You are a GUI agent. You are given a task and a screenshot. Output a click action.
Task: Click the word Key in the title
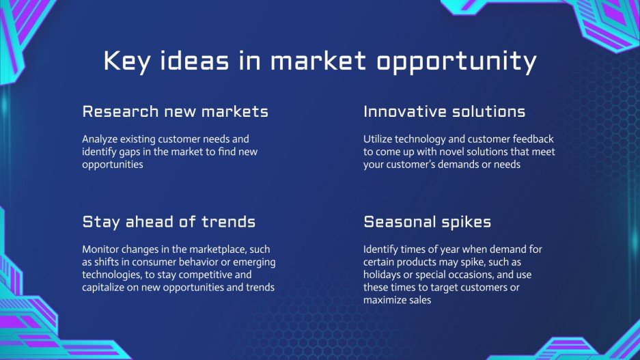click(126, 62)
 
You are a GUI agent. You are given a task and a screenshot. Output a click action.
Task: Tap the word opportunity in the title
click(456, 62)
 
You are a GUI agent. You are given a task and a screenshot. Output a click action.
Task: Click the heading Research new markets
click(175, 111)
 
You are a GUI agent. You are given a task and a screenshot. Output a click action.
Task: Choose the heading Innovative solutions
click(444, 111)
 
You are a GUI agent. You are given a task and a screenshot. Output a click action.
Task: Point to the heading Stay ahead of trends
click(169, 221)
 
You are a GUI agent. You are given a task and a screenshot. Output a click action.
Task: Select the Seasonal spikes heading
click(427, 222)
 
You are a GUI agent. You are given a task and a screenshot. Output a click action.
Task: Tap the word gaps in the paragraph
click(130, 152)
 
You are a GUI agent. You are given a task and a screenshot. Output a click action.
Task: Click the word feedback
click(533, 139)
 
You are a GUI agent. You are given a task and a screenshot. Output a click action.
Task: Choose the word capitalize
click(103, 288)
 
